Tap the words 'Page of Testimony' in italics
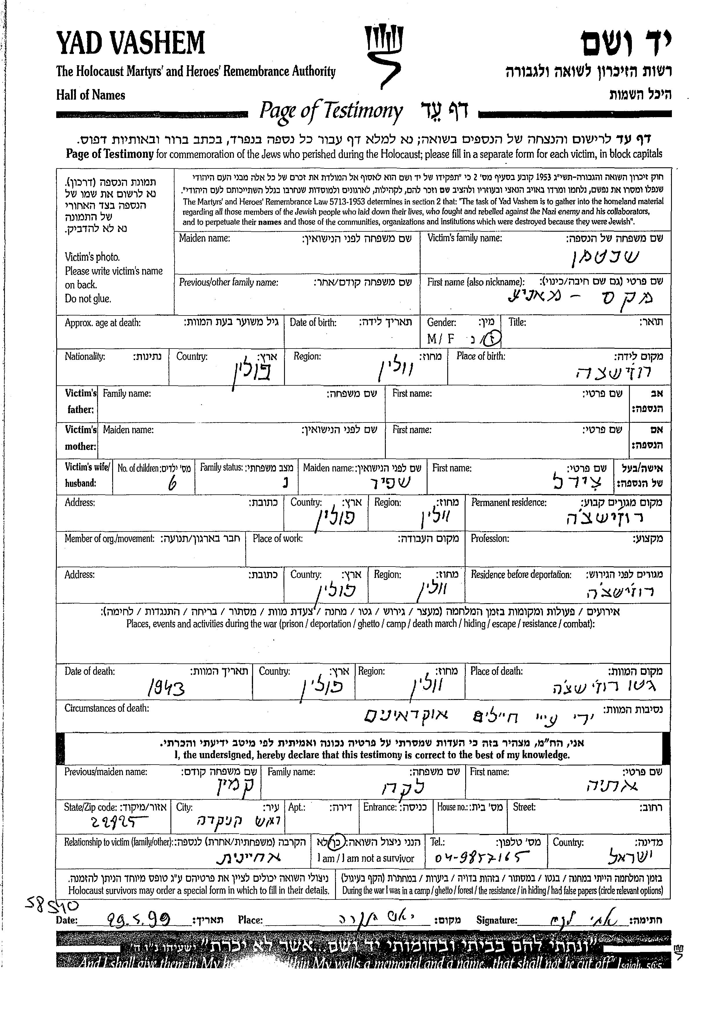(331, 111)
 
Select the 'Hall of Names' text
(90, 95)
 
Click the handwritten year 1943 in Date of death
(166, 688)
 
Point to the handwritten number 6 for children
(172, 484)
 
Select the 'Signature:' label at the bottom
(497, 920)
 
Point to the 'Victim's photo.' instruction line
(92, 257)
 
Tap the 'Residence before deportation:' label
(521, 575)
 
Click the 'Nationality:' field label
(85, 357)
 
